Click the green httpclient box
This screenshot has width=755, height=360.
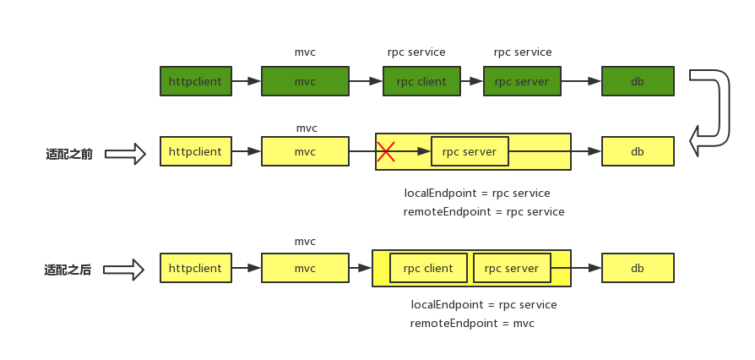tap(196, 81)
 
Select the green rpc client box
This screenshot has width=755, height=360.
tap(421, 81)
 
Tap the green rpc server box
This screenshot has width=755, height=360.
tap(523, 81)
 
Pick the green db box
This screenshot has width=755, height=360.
tap(638, 81)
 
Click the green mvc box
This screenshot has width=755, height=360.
tap(305, 81)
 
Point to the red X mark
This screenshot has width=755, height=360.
tap(386, 151)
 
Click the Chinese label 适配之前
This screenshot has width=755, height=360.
tap(69, 154)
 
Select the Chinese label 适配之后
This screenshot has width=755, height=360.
tap(68, 270)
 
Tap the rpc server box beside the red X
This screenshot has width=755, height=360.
tap(470, 151)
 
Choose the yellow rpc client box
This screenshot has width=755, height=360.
tap(428, 268)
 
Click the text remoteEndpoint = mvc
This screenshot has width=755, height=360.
tap(472, 323)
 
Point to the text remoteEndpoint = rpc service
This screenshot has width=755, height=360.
tap(484, 211)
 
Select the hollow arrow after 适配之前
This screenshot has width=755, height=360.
tap(125, 154)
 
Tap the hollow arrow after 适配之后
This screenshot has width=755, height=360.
tap(124, 270)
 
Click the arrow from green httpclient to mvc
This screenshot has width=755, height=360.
tap(247, 81)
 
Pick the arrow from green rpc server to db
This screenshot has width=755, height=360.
tap(581, 81)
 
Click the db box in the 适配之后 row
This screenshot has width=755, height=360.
tap(638, 268)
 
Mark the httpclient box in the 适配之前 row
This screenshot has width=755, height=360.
tap(196, 151)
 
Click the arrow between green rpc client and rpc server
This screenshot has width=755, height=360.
tap(472, 81)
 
